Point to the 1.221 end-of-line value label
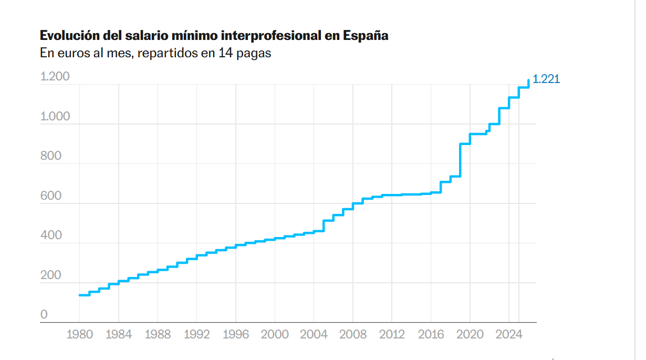tap(546, 79)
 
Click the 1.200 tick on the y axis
tap(55, 77)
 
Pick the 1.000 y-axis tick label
tap(55, 116)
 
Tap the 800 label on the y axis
tap(51, 156)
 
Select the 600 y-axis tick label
tap(51, 196)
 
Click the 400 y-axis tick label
tap(51, 235)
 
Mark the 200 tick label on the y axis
tap(51, 275)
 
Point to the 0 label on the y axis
tap(44, 314)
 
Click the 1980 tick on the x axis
tap(80, 334)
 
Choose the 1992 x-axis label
tap(197, 334)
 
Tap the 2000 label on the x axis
tap(275, 334)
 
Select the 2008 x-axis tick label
tap(353, 334)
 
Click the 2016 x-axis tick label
tap(431, 334)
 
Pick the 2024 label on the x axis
tap(508, 334)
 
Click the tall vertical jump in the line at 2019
tap(460, 160)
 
